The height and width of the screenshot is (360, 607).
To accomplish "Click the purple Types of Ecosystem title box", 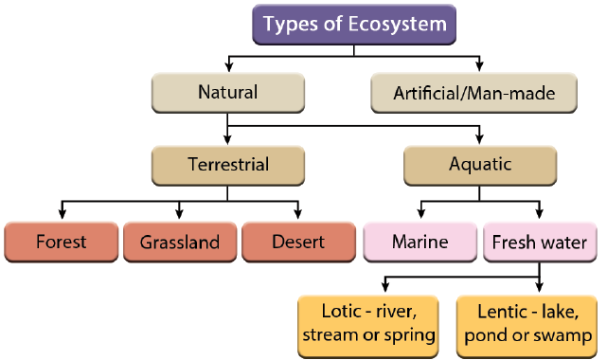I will point(353,25).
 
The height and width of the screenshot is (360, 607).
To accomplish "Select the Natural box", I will point(227,93).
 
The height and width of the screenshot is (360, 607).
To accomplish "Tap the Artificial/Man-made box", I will point(473,93).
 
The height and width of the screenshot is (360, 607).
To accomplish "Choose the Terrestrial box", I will point(227,165).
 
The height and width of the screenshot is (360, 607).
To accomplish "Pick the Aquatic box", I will point(479,165).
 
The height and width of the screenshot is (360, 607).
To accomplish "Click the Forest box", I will point(61,242).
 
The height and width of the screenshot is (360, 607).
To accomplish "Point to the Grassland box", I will point(180,242).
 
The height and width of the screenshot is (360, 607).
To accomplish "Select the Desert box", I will point(298,242).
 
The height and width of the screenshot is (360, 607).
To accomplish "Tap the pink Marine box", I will point(420,242).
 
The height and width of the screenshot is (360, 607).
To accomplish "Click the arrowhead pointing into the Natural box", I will point(227,67).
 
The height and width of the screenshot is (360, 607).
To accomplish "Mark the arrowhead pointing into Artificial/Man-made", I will point(480,67).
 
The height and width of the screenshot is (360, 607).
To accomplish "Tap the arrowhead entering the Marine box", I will point(420,214).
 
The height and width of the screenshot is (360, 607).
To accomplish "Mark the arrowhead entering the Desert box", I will point(298,214).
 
